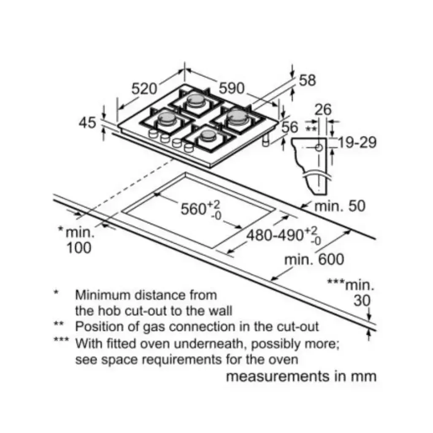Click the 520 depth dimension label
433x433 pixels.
pos(144,89)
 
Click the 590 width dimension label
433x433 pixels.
pos(232,88)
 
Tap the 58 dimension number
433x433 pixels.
pos(307,80)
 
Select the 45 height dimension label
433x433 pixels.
pos(87,123)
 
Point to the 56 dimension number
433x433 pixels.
pos(290,127)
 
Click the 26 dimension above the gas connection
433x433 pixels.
pos(323,110)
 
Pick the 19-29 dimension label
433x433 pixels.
pos(357,143)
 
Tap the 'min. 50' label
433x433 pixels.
pos(340,206)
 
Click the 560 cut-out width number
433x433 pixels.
pos(193,209)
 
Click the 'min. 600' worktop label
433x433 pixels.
pos(314,260)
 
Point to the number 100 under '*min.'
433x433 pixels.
pos(79,248)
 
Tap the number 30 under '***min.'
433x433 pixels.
pos(362,300)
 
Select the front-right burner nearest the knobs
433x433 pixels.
pos(208,136)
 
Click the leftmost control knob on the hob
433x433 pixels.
pos(153,133)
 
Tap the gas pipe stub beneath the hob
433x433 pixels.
pos(265,141)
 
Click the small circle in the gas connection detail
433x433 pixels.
pos(319,148)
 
